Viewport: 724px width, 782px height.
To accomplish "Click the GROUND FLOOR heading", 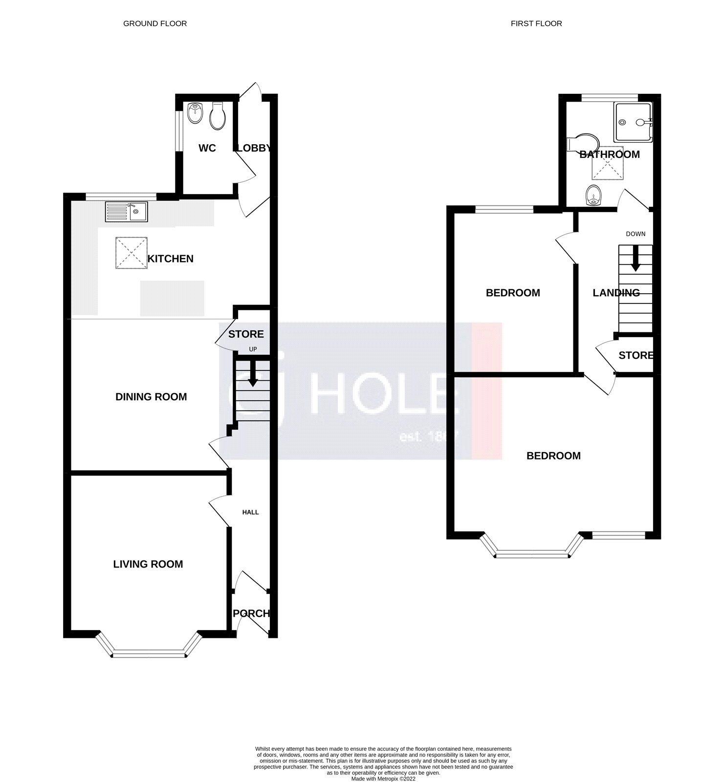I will coord(154,23).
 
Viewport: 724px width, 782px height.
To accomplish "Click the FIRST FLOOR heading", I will coord(536,23).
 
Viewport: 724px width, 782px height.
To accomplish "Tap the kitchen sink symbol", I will coord(126,212).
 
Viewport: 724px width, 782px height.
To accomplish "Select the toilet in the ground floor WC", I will coord(217,116).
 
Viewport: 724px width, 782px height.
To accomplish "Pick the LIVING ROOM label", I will coord(148,564).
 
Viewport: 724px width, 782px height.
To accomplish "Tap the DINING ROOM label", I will coord(151,397).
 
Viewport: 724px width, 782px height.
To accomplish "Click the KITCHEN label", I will coord(170,259).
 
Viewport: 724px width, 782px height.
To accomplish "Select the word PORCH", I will coord(251,613).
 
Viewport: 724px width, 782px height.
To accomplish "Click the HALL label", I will coord(251,512).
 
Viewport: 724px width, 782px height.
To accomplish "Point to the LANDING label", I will coord(616,293).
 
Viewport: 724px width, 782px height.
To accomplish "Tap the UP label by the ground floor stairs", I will coord(253,349).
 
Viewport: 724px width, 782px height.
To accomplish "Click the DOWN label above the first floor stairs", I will coord(636,234).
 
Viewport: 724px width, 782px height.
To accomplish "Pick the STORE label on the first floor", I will coord(636,355).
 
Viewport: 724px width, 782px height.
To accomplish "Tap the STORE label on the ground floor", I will coord(246,334).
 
